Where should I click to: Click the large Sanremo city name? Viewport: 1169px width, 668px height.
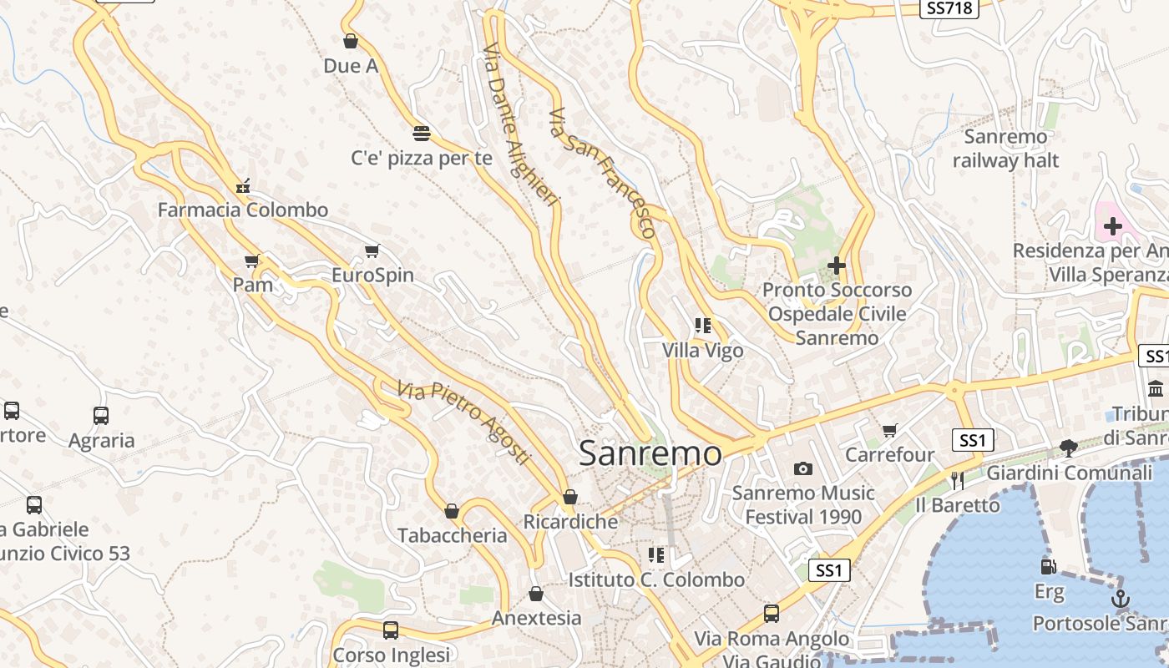tap(650, 453)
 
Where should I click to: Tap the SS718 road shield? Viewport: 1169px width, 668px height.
tap(949, 8)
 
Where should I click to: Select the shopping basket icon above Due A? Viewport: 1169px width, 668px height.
tap(351, 41)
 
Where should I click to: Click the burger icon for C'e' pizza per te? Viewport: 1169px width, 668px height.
tap(422, 133)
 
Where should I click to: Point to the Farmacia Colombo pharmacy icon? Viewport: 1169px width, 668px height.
tap(243, 185)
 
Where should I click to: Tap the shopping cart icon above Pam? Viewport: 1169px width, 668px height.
tap(252, 261)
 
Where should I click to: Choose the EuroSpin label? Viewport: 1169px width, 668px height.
tap(372, 275)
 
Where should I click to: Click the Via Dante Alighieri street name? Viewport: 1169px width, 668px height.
tap(519, 125)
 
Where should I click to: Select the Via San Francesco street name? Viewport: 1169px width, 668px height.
tap(601, 172)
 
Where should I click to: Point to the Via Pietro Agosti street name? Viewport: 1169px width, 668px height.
tap(463, 423)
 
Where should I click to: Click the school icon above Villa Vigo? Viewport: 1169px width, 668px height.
tap(703, 326)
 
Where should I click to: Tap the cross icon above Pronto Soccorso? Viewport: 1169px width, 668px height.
tap(836, 266)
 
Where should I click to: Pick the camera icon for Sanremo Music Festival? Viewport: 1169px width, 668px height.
tap(803, 469)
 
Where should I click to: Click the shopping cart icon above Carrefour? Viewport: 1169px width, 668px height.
tap(890, 431)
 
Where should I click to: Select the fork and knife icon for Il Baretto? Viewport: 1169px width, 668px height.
tap(957, 480)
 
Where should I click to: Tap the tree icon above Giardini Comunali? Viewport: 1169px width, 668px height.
tap(1068, 448)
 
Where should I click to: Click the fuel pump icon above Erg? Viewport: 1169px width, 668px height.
tap(1049, 567)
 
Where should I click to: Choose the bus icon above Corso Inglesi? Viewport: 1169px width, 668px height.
tap(391, 630)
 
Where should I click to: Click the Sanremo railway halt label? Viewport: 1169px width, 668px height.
tap(1005, 149)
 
